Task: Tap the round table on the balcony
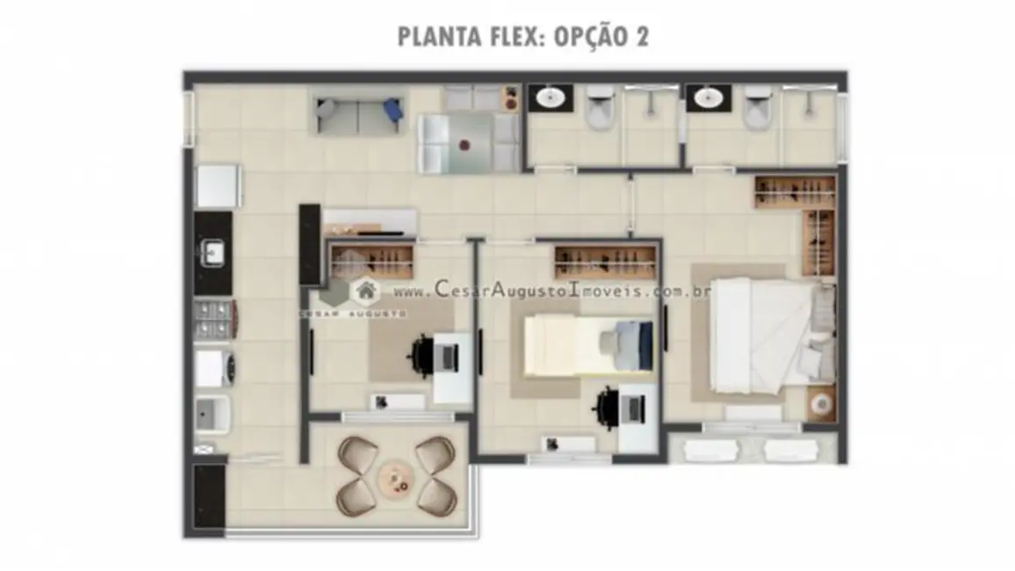(x=396, y=478)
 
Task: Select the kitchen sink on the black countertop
(x=213, y=254)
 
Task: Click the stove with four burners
(x=213, y=319)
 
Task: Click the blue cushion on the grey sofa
(x=392, y=110)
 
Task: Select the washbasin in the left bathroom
(x=551, y=98)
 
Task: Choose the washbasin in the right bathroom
(x=708, y=98)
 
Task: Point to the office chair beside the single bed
(x=609, y=406)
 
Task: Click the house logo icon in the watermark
(x=364, y=290)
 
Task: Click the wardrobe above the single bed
(x=605, y=261)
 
